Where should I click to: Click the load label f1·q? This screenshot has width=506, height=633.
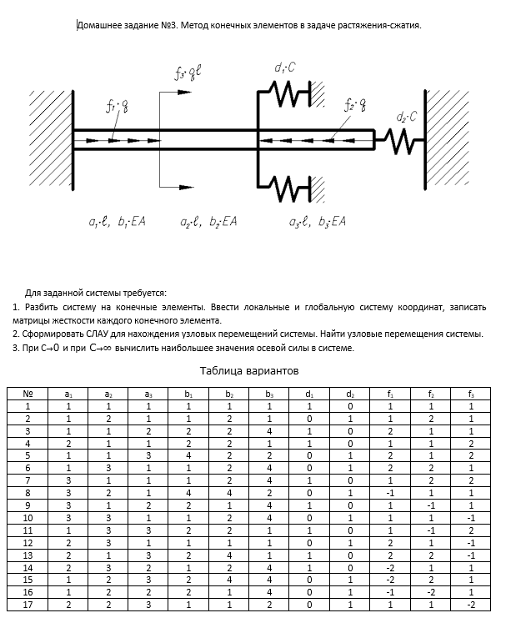pos(116,106)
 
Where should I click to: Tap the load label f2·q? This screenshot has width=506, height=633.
pos(355,105)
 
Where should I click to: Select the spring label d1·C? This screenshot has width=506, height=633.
pos(284,68)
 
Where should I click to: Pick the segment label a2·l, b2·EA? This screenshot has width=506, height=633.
pos(209,222)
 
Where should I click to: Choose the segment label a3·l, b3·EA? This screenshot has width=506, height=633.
pos(317,222)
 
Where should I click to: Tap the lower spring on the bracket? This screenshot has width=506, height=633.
pos(288,184)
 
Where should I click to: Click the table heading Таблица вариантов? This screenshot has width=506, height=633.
pos(249,370)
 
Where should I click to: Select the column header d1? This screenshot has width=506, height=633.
pos(309,394)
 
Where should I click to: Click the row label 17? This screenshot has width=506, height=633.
pos(28,605)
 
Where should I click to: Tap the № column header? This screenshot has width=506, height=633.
pos(28,394)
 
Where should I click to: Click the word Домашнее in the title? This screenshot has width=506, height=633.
pos(99,25)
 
